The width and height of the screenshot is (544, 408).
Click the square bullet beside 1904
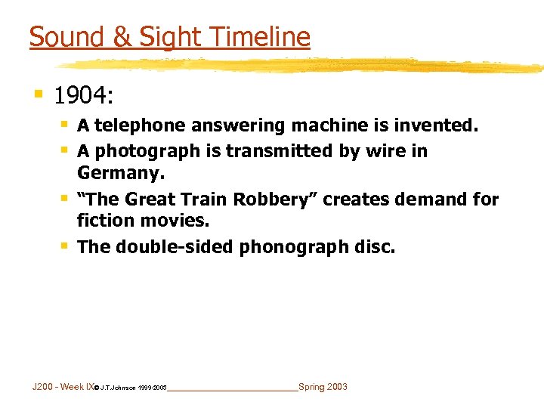(38, 94)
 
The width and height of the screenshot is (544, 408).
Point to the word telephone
(142, 125)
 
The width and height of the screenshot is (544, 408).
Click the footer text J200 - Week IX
(63, 387)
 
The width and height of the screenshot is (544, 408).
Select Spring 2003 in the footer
(323, 387)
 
